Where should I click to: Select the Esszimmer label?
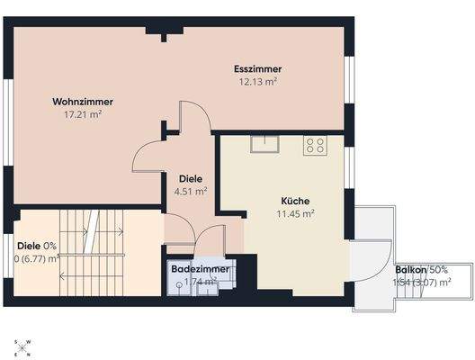click(257, 69)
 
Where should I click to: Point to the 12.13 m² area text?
click(257, 82)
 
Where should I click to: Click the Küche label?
click(295, 201)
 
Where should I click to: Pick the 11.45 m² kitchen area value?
click(295, 214)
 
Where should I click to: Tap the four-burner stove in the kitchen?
click(315, 145)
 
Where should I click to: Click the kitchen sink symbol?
click(265, 145)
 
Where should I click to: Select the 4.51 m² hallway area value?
click(190, 191)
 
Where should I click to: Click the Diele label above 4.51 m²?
click(190, 177)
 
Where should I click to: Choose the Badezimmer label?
click(200, 269)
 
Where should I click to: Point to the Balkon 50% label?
click(421, 270)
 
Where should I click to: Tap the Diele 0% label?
click(37, 245)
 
